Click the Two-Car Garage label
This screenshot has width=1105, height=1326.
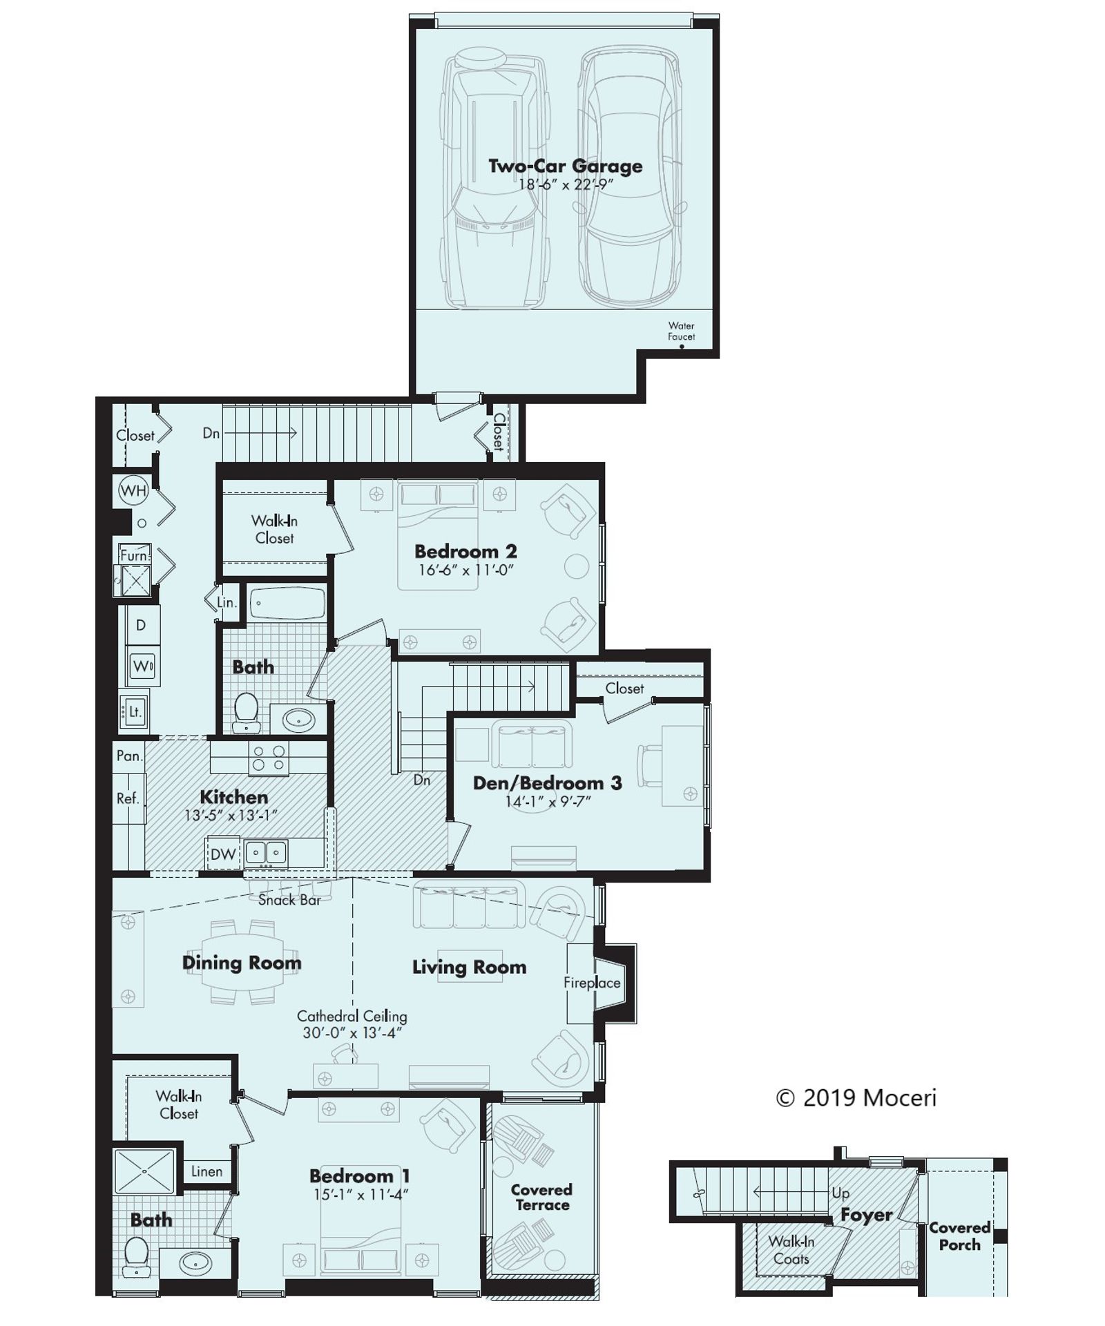(x=565, y=166)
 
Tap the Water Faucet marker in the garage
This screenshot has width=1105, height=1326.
(x=681, y=347)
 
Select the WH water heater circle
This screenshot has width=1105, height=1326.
(x=133, y=491)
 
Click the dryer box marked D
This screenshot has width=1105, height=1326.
(x=141, y=626)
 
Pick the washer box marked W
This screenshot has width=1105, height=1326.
(x=143, y=666)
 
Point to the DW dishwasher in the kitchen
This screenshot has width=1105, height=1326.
(x=223, y=854)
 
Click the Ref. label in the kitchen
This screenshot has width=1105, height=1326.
(x=128, y=799)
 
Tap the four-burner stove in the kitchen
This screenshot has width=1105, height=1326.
(x=269, y=758)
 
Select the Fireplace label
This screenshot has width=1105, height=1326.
(x=591, y=983)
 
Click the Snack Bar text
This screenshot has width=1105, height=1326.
(x=289, y=901)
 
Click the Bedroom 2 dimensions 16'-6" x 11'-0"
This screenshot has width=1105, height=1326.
(x=466, y=570)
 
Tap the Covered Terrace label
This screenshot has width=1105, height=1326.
(x=541, y=1197)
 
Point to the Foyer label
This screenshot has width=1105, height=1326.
(x=866, y=1215)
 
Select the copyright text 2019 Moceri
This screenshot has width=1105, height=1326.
(x=856, y=1097)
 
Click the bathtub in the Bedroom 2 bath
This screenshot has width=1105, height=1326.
(x=287, y=602)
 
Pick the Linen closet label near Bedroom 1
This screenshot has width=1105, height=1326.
(x=206, y=1171)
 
